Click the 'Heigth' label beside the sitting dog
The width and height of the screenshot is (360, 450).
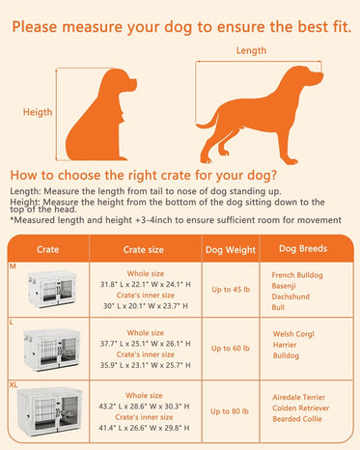38,112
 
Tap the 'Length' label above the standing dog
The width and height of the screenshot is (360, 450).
251,50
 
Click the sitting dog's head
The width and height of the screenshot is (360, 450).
120,81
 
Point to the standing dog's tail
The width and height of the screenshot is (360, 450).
208,121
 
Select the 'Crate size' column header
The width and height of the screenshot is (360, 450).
144,249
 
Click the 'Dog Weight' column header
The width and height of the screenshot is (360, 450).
231,250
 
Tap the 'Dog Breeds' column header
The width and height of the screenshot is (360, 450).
303,248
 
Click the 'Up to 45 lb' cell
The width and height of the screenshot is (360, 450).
231,290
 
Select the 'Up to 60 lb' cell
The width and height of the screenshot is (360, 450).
231,349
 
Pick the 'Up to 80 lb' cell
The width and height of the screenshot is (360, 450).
230,411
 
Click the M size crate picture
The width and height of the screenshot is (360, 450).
52,289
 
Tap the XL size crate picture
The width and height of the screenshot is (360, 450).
49,410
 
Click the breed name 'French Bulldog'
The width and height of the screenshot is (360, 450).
297,275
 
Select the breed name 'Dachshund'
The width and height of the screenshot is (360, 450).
291,296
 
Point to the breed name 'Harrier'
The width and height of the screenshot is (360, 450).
285,345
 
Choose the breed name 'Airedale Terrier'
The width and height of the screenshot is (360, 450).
299,397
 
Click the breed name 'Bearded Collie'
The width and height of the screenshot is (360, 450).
297,419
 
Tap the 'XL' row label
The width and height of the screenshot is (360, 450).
14,385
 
